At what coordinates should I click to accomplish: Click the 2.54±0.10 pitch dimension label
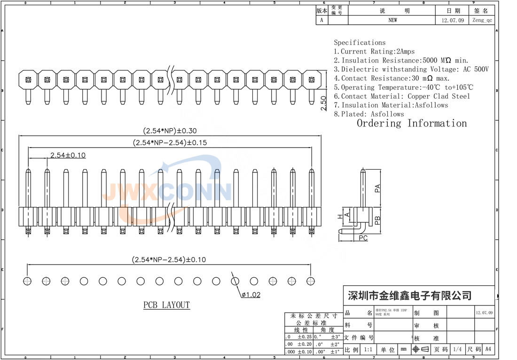coord(68,155)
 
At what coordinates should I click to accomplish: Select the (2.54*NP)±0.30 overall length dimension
coord(170,131)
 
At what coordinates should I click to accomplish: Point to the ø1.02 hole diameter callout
coord(251,295)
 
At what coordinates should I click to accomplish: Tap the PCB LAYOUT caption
coord(166,305)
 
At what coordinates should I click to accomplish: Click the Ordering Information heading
coord(412,124)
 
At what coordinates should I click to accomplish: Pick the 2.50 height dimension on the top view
coord(323,103)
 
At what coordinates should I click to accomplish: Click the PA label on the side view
coord(377,188)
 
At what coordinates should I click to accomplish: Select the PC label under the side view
coord(363,238)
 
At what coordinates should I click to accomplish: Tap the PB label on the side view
coord(377,219)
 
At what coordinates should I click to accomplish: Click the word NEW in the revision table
coord(392,20)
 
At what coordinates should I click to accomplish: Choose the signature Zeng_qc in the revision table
coord(482,20)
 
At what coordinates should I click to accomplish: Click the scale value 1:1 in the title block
coord(369,350)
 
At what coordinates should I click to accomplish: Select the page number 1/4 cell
coord(457,349)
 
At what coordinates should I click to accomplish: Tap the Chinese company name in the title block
coord(409,296)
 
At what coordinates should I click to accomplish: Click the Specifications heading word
coord(360,42)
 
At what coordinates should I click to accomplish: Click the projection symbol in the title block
coord(421,349)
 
